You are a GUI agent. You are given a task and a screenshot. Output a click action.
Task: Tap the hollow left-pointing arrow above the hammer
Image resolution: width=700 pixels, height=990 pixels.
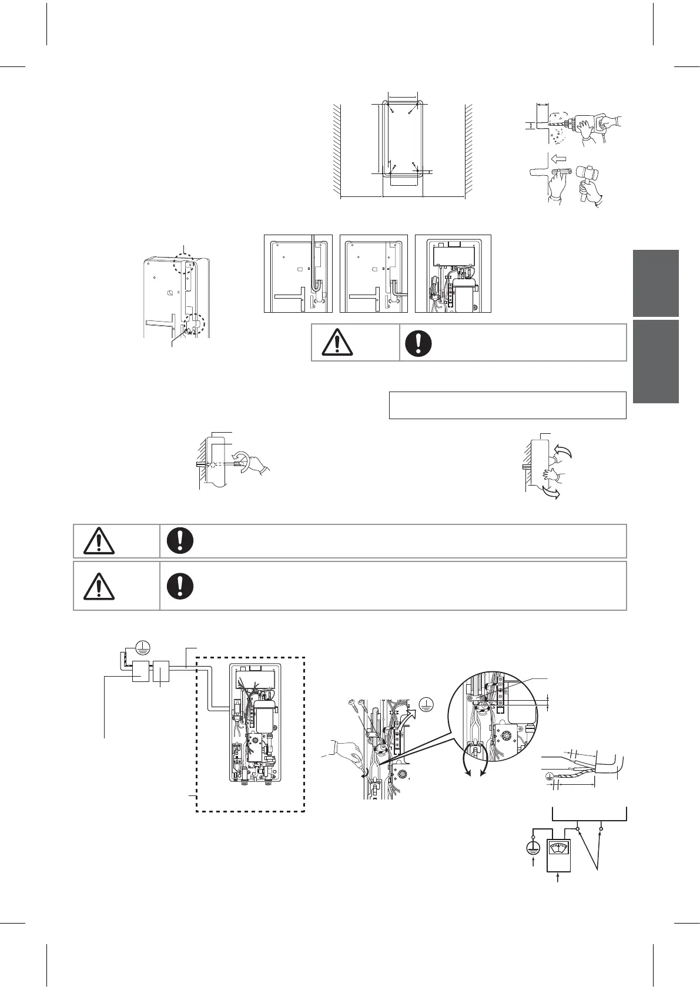pos(559,158)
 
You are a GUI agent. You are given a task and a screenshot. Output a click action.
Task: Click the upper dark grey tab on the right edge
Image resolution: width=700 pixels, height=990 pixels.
pos(656,283)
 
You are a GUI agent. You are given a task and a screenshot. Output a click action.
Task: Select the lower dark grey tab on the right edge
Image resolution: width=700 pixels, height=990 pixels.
pos(656,362)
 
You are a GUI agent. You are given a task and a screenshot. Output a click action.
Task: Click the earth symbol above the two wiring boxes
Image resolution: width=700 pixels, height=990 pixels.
pos(143,647)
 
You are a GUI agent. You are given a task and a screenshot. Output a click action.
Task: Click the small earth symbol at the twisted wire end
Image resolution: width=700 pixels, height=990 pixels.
pos(549,774)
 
